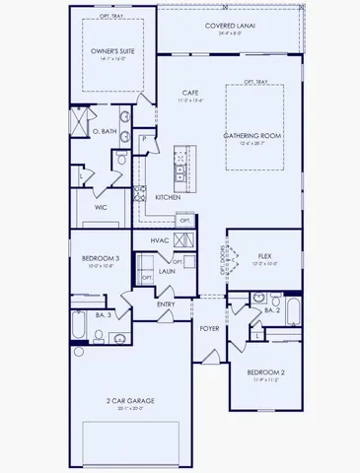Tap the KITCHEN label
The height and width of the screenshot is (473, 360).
169,198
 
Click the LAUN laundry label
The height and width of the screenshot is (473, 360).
169,271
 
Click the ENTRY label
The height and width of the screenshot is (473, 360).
167,304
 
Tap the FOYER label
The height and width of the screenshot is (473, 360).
210,328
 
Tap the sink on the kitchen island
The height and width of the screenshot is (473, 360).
180,173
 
